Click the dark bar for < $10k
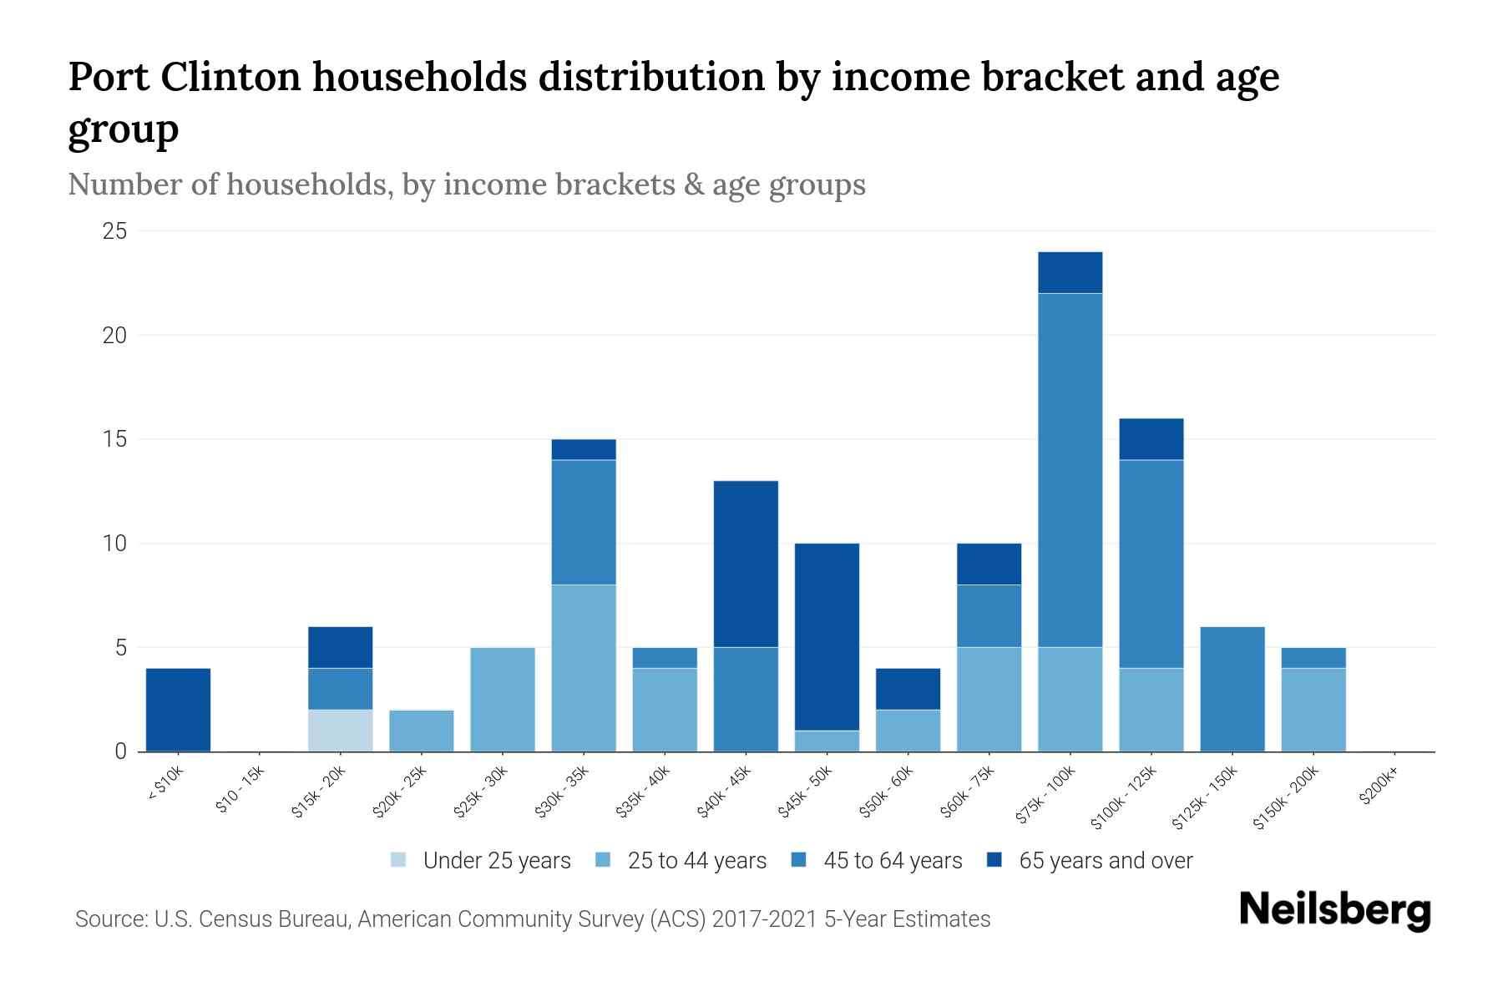pyautogui.click(x=178, y=710)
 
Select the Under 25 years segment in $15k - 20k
pyautogui.click(x=340, y=731)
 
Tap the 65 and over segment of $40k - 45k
pyautogui.click(x=746, y=564)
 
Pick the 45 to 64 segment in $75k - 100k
pyautogui.click(x=1070, y=470)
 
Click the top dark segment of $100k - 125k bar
pyautogui.click(x=1151, y=439)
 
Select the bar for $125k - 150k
pyautogui.click(x=1232, y=689)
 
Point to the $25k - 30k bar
pyautogui.click(x=503, y=700)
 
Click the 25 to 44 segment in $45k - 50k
pyautogui.click(x=827, y=741)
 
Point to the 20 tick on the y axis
pyautogui.click(x=114, y=336)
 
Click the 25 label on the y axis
pyautogui.click(x=114, y=231)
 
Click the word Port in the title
pyautogui.click(x=108, y=78)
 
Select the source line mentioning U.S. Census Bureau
pyautogui.click(x=532, y=919)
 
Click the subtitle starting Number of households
pyautogui.click(x=466, y=185)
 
